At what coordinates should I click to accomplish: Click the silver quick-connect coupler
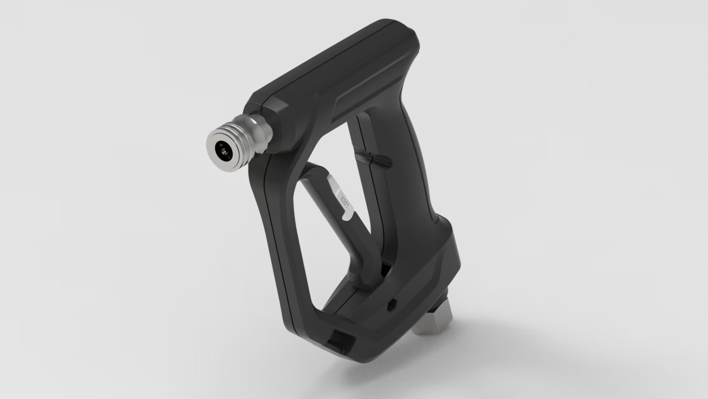[x=238, y=142]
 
